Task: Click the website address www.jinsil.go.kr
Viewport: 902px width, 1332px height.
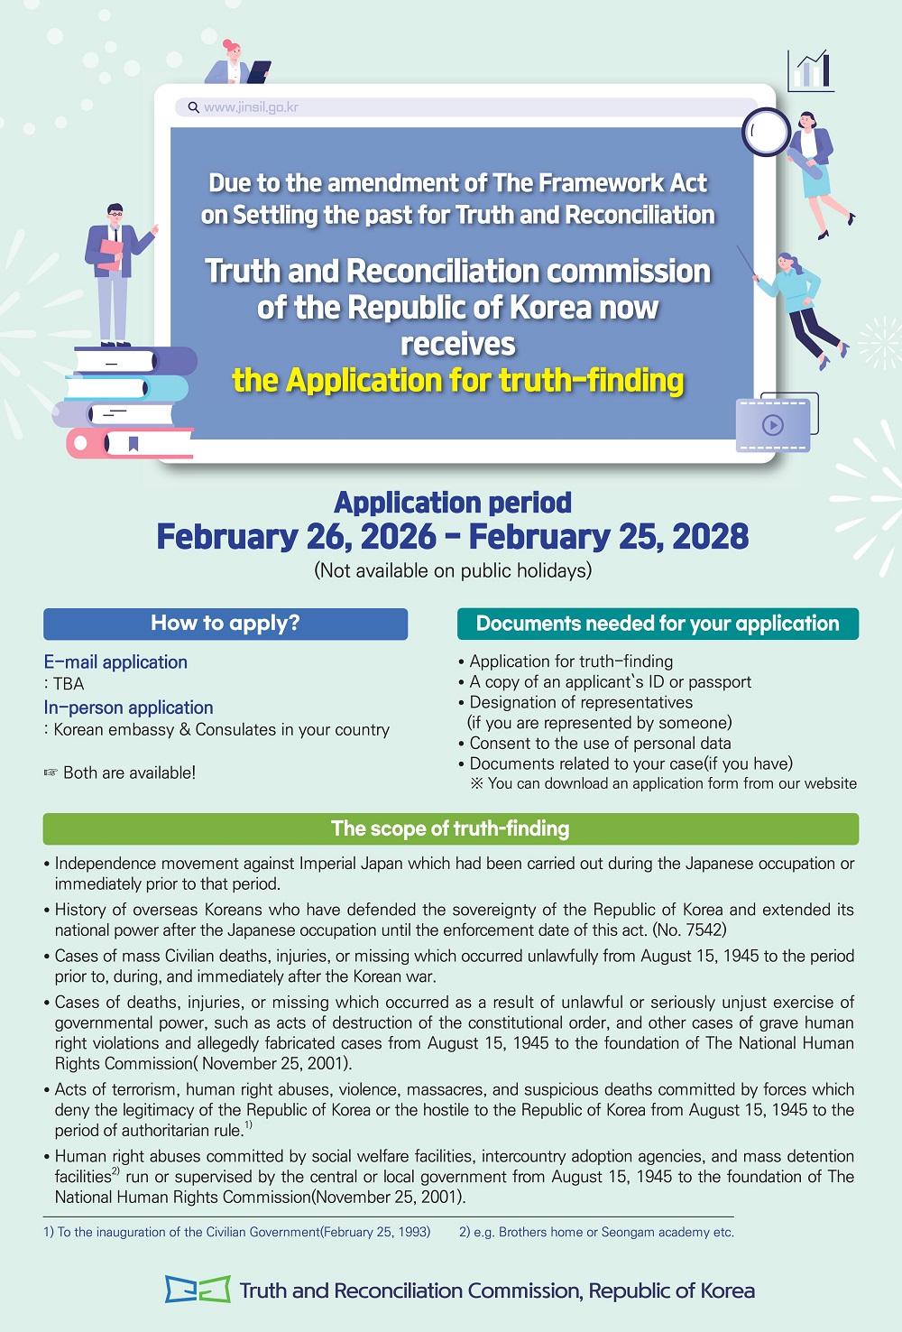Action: [251, 107]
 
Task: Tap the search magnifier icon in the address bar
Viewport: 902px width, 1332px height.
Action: [193, 107]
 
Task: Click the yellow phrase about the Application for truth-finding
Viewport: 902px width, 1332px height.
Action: [458, 381]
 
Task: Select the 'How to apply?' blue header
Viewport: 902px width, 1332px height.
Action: [225, 624]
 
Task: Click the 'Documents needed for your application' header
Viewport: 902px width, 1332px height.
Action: [658, 624]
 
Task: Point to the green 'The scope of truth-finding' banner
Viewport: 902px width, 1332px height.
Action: [450, 828]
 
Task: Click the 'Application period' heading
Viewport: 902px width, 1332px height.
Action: [453, 503]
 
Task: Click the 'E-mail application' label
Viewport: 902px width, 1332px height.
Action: [115, 662]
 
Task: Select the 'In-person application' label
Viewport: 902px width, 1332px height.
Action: [128, 708]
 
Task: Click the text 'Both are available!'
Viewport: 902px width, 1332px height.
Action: [129, 772]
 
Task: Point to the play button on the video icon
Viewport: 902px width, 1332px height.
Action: [773, 425]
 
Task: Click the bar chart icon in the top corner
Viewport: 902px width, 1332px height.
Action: [810, 70]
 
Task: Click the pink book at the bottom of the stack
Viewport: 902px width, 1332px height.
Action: [131, 443]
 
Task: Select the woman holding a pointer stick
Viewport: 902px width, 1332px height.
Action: [800, 307]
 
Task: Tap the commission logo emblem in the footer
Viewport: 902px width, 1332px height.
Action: [197, 1289]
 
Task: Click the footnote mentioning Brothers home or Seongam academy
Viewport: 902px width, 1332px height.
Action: [596, 1232]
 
